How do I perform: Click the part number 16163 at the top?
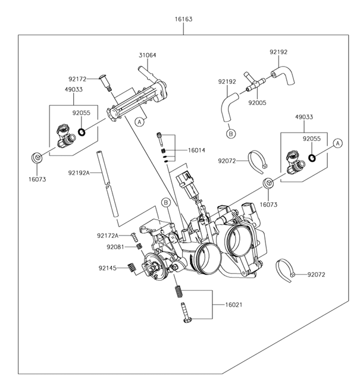click(x=183, y=20)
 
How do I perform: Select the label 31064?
click(x=148, y=55)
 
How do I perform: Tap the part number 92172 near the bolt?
click(x=77, y=78)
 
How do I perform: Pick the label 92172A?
click(x=108, y=236)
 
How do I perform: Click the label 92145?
click(x=108, y=268)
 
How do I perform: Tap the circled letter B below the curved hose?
click(x=230, y=134)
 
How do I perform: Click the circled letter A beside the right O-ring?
click(x=337, y=143)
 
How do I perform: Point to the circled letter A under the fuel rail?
click(x=139, y=122)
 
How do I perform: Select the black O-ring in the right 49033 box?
click(x=312, y=158)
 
